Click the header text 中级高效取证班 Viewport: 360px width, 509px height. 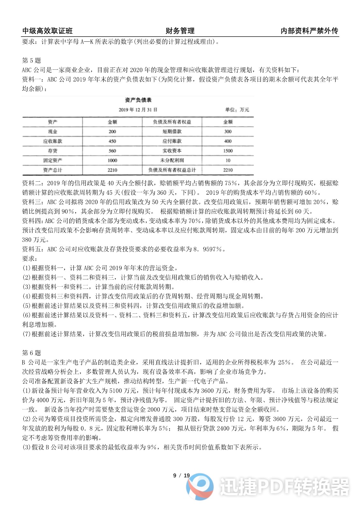coord(47,31)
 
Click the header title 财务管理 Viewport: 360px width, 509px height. coord(180,31)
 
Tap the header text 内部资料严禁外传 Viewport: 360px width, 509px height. coord(309,31)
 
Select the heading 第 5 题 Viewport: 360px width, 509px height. coord(32,60)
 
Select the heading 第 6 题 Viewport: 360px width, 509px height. coord(32,353)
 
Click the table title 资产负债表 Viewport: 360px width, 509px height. coord(138,100)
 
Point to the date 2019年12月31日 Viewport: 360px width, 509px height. coord(138,110)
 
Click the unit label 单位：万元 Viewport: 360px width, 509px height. coord(237,110)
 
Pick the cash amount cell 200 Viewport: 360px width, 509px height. coord(112,132)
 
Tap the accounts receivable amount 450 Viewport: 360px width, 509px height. coord(112,141)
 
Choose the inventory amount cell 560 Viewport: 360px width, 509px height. coord(112,151)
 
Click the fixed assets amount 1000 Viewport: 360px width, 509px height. coord(112,160)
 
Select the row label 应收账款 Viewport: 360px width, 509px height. coord(53,141)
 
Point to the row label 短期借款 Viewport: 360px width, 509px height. coord(172,132)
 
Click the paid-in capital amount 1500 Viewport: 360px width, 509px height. coord(228,151)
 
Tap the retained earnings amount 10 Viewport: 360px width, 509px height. coord(228,160)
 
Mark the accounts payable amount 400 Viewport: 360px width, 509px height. coord(228,141)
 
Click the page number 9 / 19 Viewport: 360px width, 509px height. coord(181,476)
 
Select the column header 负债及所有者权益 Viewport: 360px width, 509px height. coord(172,122)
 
